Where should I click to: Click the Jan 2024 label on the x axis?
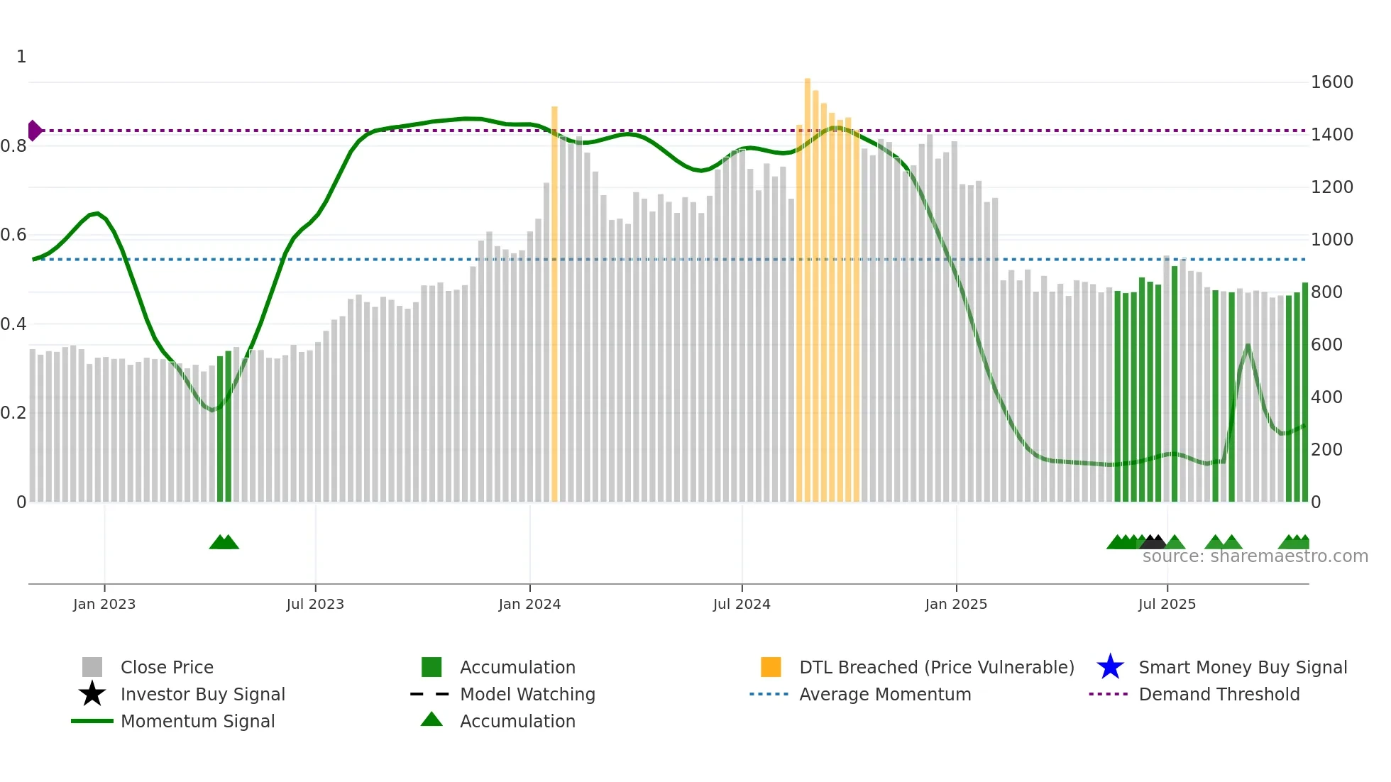click(529, 604)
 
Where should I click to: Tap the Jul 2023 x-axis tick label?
click(315, 604)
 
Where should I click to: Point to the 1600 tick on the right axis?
click(1331, 82)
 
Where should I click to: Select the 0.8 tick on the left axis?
click(13, 146)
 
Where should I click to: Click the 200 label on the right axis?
click(1326, 450)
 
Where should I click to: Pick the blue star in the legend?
click(1110, 667)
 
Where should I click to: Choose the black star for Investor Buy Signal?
click(92, 694)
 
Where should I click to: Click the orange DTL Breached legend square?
click(771, 667)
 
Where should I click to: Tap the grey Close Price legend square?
click(92, 667)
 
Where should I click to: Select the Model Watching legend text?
click(527, 694)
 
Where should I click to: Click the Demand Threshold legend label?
click(1219, 694)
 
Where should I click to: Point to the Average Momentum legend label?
click(885, 694)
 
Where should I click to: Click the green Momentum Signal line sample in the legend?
click(92, 721)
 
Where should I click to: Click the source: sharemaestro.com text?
click(1255, 556)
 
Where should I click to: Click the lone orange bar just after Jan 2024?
click(554, 305)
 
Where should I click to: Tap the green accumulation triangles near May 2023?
click(224, 543)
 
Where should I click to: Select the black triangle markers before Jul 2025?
click(1154, 543)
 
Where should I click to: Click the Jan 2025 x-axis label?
click(956, 604)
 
